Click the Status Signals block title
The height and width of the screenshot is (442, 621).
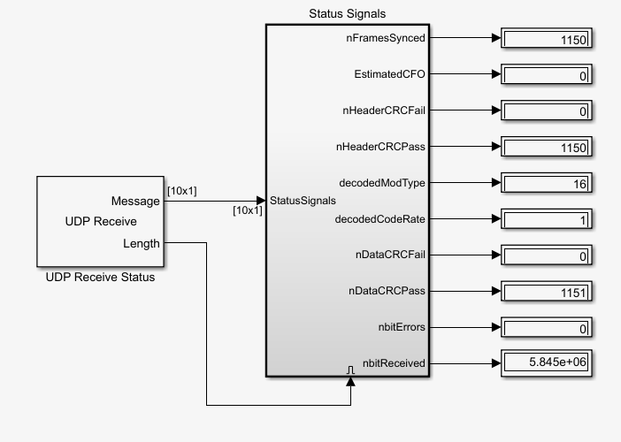tap(348, 13)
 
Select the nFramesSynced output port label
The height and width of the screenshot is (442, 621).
tap(385, 38)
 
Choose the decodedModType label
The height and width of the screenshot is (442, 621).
tap(383, 183)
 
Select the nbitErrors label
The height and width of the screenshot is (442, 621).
tap(401, 326)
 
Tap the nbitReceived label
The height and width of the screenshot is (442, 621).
tap(395, 362)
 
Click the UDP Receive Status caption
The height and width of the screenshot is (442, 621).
tap(100, 278)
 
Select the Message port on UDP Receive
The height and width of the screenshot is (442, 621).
tap(135, 201)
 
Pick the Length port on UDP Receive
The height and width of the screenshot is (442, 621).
tap(142, 243)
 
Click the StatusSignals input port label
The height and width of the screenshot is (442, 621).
tap(303, 201)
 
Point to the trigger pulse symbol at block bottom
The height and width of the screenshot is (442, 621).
tap(350, 369)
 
